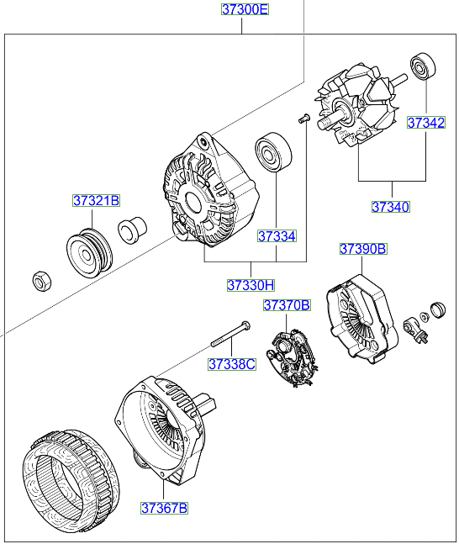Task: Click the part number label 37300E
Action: point(245,10)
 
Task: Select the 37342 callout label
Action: point(426,123)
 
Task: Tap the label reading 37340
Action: point(391,206)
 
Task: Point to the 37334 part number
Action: point(277,236)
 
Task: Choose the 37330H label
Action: point(251,285)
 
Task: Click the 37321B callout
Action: point(96,201)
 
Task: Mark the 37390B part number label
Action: point(362,249)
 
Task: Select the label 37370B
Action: point(287,305)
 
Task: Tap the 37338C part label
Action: point(232,364)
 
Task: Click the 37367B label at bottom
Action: point(164,508)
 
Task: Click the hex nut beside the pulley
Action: point(40,281)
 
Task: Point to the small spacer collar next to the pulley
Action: point(131,229)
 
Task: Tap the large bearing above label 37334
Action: point(273,153)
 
